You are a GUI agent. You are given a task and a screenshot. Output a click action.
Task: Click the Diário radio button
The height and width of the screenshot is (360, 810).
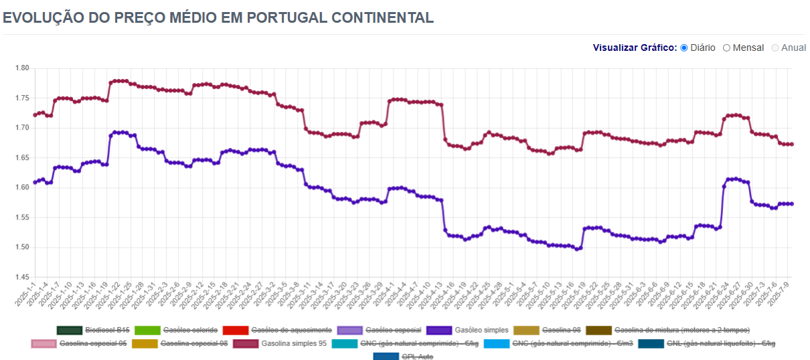click(x=684, y=48)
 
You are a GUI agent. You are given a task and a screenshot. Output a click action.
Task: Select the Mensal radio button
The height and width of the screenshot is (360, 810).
click(x=727, y=48)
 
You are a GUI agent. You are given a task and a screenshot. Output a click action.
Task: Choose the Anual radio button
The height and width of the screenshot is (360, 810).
click(x=776, y=48)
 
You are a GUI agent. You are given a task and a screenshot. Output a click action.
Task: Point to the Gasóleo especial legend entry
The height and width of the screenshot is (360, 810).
click(x=379, y=330)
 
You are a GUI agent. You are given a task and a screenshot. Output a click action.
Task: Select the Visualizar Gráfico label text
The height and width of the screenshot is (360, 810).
click(x=635, y=48)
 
